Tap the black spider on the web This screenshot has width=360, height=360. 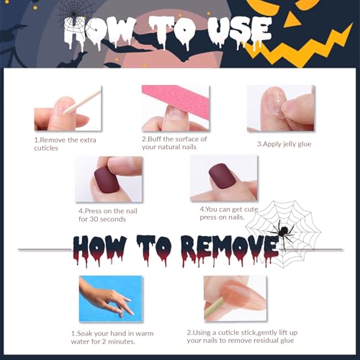point(282,232)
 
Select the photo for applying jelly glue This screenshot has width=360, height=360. point(281,108)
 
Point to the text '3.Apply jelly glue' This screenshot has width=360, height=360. point(285,143)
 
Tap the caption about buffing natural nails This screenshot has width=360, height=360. point(174,143)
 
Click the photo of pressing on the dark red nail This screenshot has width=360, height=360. point(108,178)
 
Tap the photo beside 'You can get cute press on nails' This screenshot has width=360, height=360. point(224,177)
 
